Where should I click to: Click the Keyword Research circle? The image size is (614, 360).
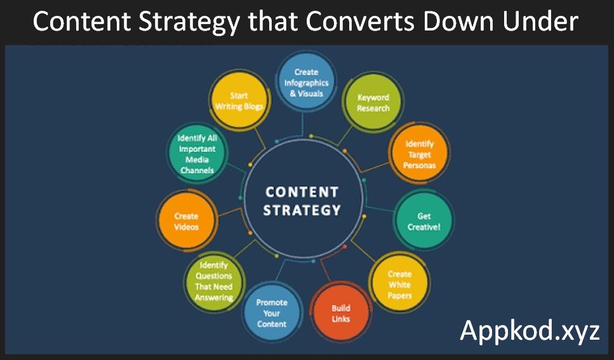coord(373,103)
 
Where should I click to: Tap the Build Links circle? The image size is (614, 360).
coord(341,312)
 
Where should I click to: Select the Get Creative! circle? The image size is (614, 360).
coord(424,221)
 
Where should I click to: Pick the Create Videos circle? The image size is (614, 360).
coord(187,220)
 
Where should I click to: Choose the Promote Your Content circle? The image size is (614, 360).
coord(272,312)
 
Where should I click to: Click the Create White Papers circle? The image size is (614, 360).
coord(399,284)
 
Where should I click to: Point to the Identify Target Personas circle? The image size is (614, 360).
coord(419,154)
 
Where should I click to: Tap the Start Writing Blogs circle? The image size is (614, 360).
coord(239,101)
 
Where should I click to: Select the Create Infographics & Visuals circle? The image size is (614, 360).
coord(306,82)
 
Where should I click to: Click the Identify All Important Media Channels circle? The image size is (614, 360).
coord(197,154)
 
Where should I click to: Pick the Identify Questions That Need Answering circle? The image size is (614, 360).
coord(214,281)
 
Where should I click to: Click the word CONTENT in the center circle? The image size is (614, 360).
coord(302,192)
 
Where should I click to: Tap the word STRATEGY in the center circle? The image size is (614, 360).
coord(302,210)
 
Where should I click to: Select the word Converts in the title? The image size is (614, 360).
coord(360,21)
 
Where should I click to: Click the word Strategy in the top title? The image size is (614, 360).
coord(189,22)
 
